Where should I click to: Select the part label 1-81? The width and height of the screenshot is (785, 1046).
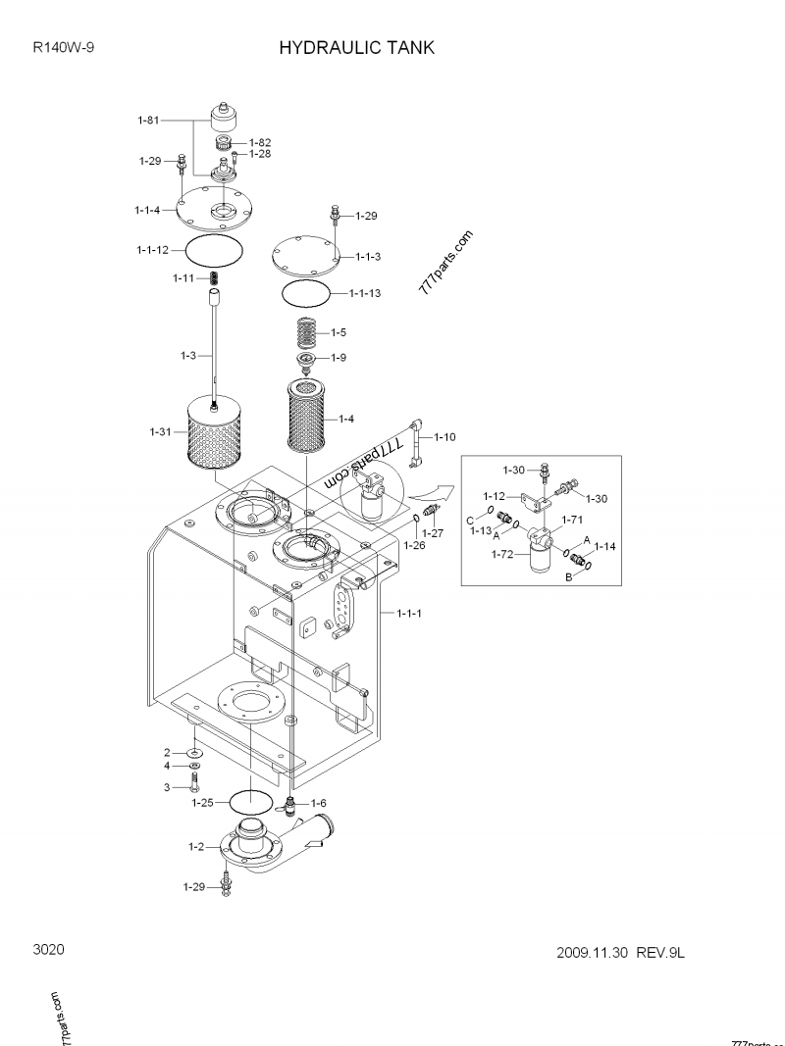click(147, 121)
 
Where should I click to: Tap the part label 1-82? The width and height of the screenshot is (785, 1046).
click(259, 142)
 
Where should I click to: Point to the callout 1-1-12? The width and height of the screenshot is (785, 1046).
click(152, 250)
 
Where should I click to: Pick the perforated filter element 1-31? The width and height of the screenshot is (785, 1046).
click(214, 431)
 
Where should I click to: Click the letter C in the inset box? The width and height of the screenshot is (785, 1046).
click(470, 520)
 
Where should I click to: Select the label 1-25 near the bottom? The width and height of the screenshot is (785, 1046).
click(202, 803)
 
